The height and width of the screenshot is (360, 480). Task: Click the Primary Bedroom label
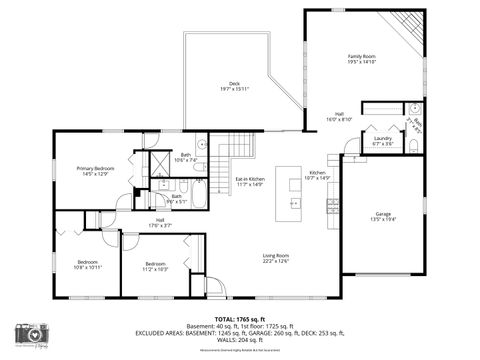click(96, 171)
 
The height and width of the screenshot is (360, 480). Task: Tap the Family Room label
click(361, 59)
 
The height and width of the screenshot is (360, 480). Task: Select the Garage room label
click(383, 216)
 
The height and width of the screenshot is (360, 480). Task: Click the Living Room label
click(276, 259)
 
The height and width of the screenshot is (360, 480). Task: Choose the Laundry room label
click(382, 141)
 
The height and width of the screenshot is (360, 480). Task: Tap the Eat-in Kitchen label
click(248, 181)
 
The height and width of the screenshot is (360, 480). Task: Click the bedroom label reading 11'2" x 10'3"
click(154, 266)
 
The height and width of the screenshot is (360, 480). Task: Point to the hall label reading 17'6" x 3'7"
click(160, 223)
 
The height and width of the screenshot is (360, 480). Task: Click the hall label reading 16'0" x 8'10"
click(340, 117)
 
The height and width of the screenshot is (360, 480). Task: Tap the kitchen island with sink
click(294, 189)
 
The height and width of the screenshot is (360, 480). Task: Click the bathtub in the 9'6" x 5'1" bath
click(199, 194)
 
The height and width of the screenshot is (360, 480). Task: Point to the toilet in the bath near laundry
click(414, 109)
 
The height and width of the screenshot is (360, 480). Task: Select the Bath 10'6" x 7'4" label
click(186, 158)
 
